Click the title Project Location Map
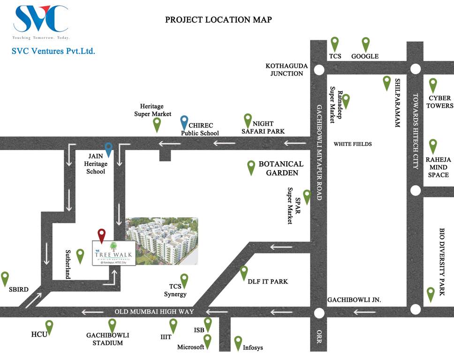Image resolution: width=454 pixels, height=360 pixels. [219, 20]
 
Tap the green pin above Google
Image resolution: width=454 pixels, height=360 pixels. [366, 44]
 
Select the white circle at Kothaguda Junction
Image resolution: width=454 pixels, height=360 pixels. [319, 70]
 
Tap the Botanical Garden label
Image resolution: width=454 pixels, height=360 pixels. [281, 168]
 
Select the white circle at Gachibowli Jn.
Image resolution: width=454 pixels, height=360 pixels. [319, 313]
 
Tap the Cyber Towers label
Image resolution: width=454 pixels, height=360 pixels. [439, 102]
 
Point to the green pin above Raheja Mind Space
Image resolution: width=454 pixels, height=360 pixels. [433, 146]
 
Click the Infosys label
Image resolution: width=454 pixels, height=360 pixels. [253, 348]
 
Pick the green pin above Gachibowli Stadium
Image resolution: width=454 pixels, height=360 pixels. [112, 325]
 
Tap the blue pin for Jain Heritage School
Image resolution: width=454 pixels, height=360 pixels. [109, 149]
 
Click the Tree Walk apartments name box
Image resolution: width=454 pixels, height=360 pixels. [113, 253]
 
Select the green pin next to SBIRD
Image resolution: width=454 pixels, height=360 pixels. [5, 278]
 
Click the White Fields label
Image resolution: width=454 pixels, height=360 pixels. [352, 144]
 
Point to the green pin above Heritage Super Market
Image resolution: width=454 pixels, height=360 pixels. [157, 124]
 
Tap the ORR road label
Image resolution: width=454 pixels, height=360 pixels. [319, 338]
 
